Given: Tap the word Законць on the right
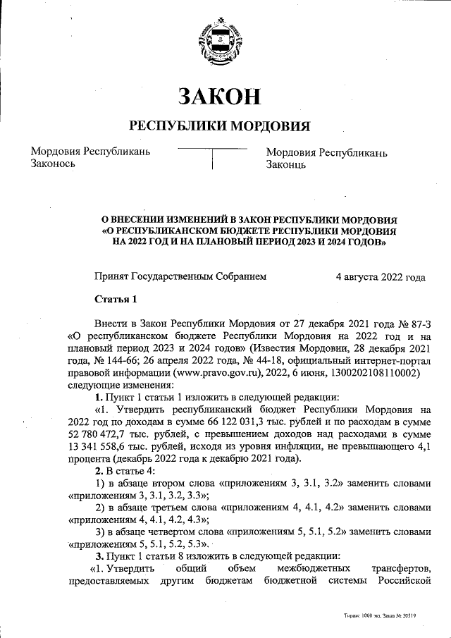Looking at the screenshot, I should click(x=285, y=165).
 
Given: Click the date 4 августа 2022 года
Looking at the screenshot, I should click(x=381, y=277).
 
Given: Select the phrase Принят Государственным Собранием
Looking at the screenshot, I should click(x=181, y=277).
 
